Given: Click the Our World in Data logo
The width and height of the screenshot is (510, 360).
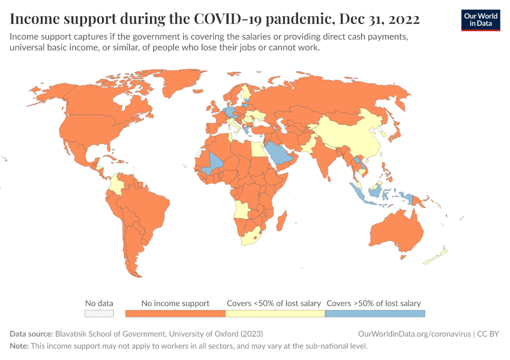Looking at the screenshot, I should click(480, 20).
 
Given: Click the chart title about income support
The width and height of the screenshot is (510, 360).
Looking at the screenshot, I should click(214, 20).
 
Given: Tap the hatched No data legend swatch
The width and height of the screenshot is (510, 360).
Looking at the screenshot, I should click(99, 313).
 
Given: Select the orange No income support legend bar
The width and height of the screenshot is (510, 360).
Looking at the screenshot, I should click(175, 313).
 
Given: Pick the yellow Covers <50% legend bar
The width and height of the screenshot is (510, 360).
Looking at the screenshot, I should click(275, 313).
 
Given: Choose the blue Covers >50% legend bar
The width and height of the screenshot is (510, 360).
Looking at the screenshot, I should click(374, 313).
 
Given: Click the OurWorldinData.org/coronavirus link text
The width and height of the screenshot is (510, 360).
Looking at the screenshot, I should click(413, 334).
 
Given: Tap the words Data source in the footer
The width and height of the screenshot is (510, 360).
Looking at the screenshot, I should click(31, 334).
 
